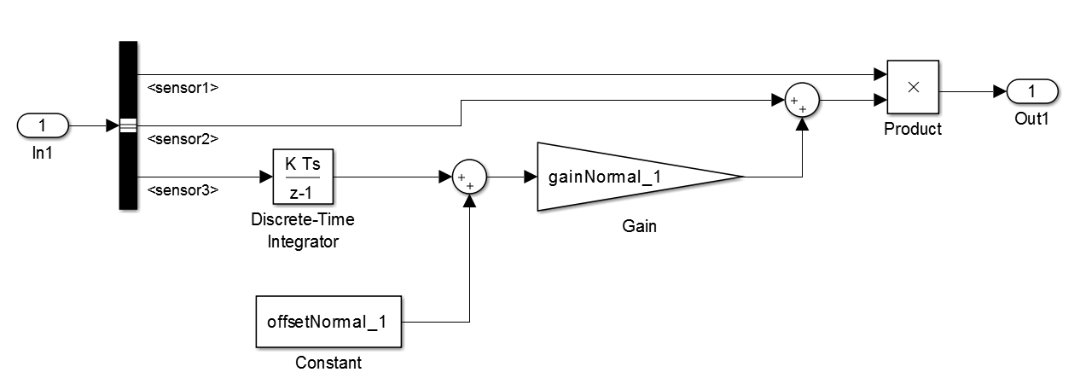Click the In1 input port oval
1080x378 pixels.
tap(43, 126)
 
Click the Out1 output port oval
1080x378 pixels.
tap(1031, 90)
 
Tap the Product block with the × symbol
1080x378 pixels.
tap(912, 88)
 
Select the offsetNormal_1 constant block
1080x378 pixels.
tap(328, 323)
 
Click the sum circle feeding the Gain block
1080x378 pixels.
tap(467, 177)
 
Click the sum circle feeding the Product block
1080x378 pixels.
tap(801, 101)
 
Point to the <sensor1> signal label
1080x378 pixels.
tap(183, 86)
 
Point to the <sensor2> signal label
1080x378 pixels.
tap(183, 138)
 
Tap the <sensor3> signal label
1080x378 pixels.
tap(183, 189)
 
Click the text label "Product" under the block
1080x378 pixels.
tap(913, 129)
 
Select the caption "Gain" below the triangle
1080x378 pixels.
tap(640, 227)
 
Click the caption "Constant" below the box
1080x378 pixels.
tap(328, 363)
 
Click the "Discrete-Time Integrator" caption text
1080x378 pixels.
tap(303, 230)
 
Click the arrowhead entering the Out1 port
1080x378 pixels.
tap(1001, 90)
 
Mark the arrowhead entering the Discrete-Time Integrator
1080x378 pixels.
tap(266, 177)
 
